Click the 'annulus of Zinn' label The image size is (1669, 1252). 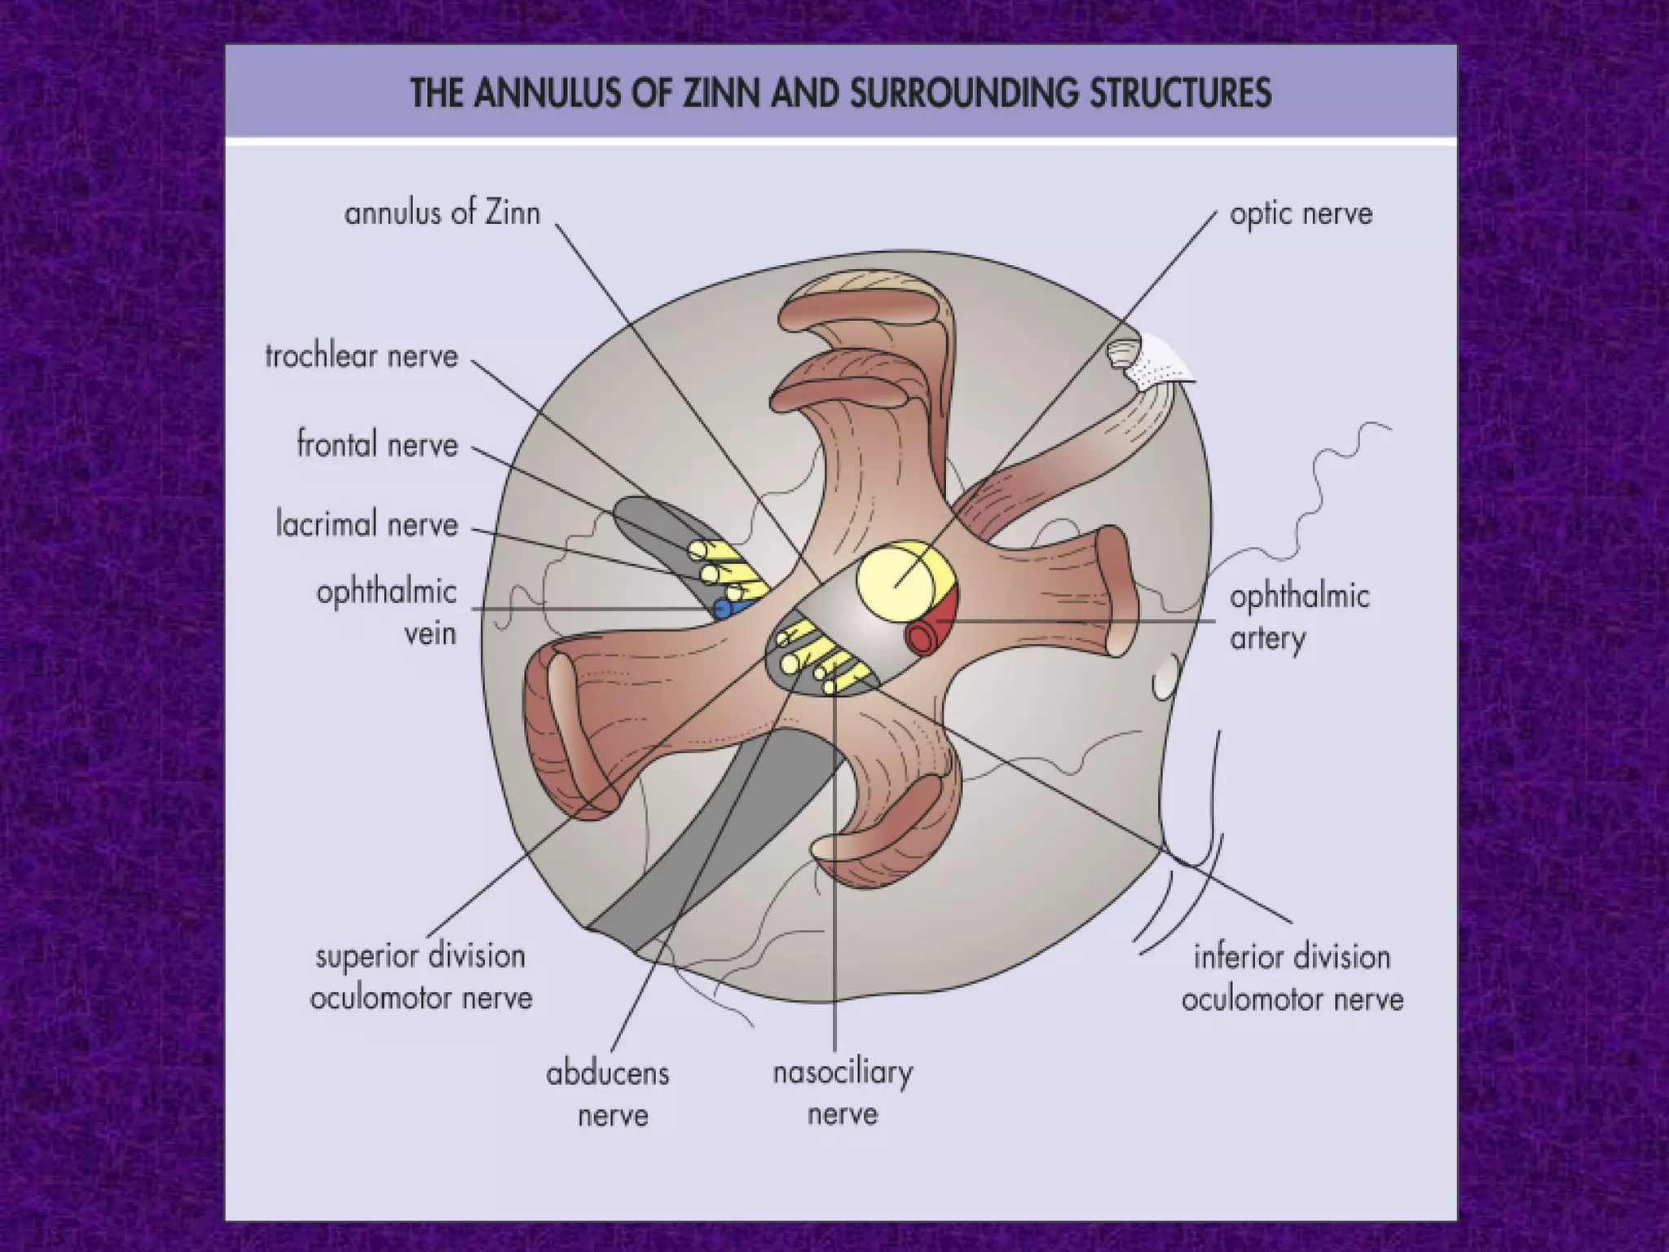coord(443,214)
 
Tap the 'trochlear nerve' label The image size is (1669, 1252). coord(362,356)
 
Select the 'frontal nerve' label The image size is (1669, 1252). coord(377,445)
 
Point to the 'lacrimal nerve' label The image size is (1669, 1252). coord(367,523)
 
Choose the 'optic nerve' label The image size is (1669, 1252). coord(1301,214)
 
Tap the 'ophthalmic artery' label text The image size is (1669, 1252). coord(1300,618)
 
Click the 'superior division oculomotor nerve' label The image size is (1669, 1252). coord(421,976)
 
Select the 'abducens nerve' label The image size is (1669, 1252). coord(608,1094)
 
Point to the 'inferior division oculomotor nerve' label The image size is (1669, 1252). coord(1292,977)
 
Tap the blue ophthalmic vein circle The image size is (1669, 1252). coord(722,608)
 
